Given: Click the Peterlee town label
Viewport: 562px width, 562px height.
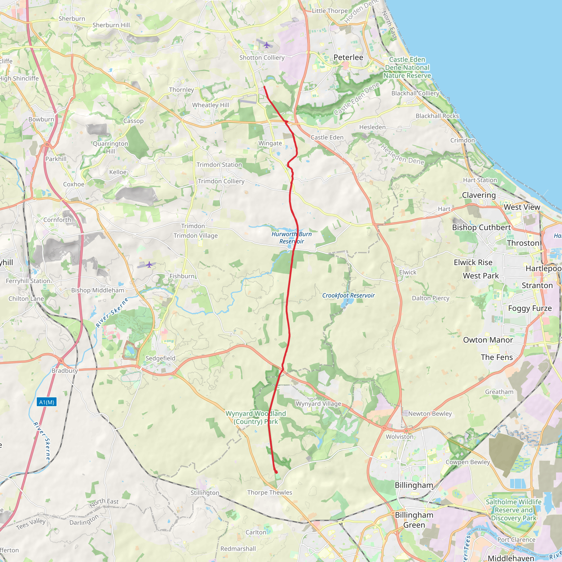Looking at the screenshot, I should pyautogui.click(x=348, y=57).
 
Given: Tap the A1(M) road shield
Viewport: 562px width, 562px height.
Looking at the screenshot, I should pyautogui.click(x=47, y=402).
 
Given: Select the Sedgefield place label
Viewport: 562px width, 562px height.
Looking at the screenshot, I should pyautogui.click(x=160, y=358).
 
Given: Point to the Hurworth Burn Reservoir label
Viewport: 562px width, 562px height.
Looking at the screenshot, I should pyautogui.click(x=291, y=238).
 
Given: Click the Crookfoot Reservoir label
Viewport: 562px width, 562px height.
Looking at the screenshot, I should pyautogui.click(x=348, y=295).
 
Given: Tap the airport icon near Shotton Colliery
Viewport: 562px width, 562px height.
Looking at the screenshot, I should pyautogui.click(x=266, y=45).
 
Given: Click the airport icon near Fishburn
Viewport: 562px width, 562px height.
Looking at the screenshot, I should pyautogui.click(x=149, y=265).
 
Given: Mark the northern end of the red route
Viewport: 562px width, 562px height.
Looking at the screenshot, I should pyautogui.click(x=264, y=87).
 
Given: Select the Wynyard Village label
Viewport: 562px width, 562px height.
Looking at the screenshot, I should pyautogui.click(x=318, y=404).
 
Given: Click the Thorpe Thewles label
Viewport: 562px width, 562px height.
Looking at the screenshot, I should pyautogui.click(x=269, y=493).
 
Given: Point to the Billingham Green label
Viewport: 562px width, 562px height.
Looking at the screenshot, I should pyautogui.click(x=414, y=520).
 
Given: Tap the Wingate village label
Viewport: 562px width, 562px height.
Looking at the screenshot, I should pyautogui.click(x=270, y=143).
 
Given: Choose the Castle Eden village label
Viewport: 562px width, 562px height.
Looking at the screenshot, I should pyautogui.click(x=327, y=137).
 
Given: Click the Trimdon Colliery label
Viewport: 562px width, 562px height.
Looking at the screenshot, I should pyautogui.click(x=221, y=181).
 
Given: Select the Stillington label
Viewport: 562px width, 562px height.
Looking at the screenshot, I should pyautogui.click(x=205, y=493).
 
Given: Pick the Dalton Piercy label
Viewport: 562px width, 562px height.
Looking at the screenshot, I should pyautogui.click(x=431, y=298).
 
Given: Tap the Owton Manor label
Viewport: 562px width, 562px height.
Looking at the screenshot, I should pyautogui.click(x=488, y=340).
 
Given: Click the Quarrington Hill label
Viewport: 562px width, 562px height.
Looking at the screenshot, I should pyautogui.click(x=111, y=147).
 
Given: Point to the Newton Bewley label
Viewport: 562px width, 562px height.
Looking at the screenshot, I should pyautogui.click(x=430, y=414).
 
